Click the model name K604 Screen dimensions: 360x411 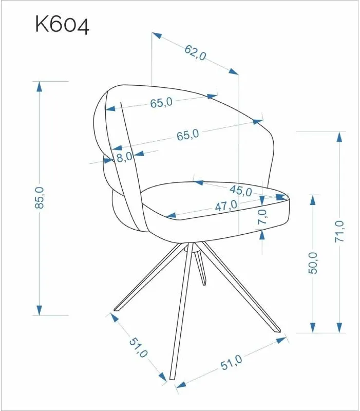pos(62,25)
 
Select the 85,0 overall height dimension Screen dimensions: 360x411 pos(40,198)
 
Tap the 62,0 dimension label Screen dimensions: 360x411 pos(195,53)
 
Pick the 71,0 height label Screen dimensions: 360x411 pos(339,231)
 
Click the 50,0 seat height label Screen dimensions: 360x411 pos(312,263)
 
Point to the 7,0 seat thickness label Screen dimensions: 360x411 pos(262,216)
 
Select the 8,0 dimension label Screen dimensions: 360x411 pos(124,157)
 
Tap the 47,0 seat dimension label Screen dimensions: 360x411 pos(226,206)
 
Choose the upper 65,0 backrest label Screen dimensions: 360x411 pos(161,102)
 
